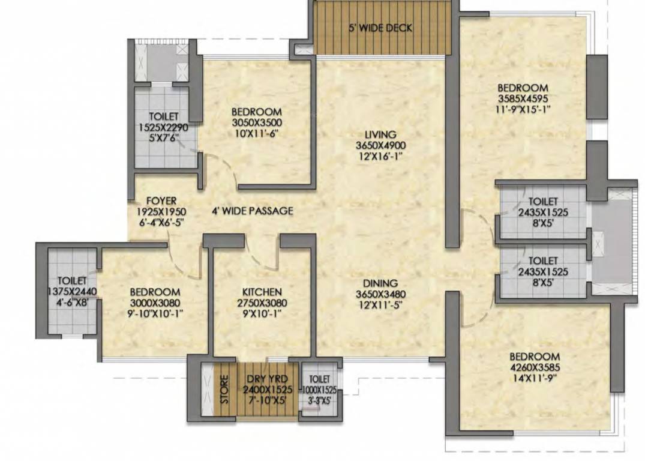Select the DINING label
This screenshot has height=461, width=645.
380,283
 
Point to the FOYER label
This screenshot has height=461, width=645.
161,201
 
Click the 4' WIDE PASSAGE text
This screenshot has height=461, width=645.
252,211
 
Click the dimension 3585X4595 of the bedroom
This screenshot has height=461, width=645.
522,98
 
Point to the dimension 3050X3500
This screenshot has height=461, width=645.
256,122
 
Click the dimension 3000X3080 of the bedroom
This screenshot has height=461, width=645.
155,303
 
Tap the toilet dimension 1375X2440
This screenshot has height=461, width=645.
73,291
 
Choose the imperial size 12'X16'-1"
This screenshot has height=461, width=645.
380,155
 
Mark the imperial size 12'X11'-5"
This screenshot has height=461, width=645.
380,304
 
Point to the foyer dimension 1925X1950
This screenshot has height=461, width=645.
161,211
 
